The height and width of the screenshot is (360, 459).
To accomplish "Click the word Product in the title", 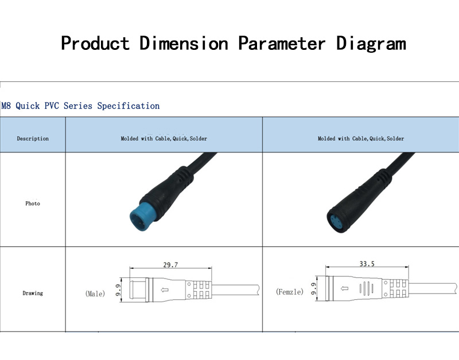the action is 95,43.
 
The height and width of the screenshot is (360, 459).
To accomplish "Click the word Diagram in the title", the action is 371,44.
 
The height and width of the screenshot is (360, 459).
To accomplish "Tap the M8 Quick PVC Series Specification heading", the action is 80,105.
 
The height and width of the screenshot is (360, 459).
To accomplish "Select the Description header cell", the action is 33,139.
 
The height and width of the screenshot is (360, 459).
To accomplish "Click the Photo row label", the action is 33,204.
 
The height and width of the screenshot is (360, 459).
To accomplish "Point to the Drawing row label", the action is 33,293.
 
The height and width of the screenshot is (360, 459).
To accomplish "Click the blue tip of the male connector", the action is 141,217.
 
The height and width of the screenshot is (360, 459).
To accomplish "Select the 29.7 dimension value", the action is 170,265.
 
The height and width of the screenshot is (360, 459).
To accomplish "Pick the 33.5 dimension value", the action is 367,264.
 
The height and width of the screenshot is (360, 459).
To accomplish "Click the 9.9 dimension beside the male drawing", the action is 118,290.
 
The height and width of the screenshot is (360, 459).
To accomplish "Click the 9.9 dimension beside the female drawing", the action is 313,288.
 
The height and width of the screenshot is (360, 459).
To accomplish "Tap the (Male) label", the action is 95,294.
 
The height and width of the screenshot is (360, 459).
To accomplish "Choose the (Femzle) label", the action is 290,292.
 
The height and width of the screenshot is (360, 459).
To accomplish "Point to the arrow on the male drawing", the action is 165,290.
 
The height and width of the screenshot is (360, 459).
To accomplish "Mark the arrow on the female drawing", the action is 345,289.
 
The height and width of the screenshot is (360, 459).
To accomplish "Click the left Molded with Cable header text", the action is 164,139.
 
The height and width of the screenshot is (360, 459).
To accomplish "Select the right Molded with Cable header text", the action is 361,139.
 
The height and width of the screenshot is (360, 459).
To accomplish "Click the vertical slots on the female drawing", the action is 366,288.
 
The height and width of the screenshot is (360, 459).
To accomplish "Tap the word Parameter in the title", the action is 282,44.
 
